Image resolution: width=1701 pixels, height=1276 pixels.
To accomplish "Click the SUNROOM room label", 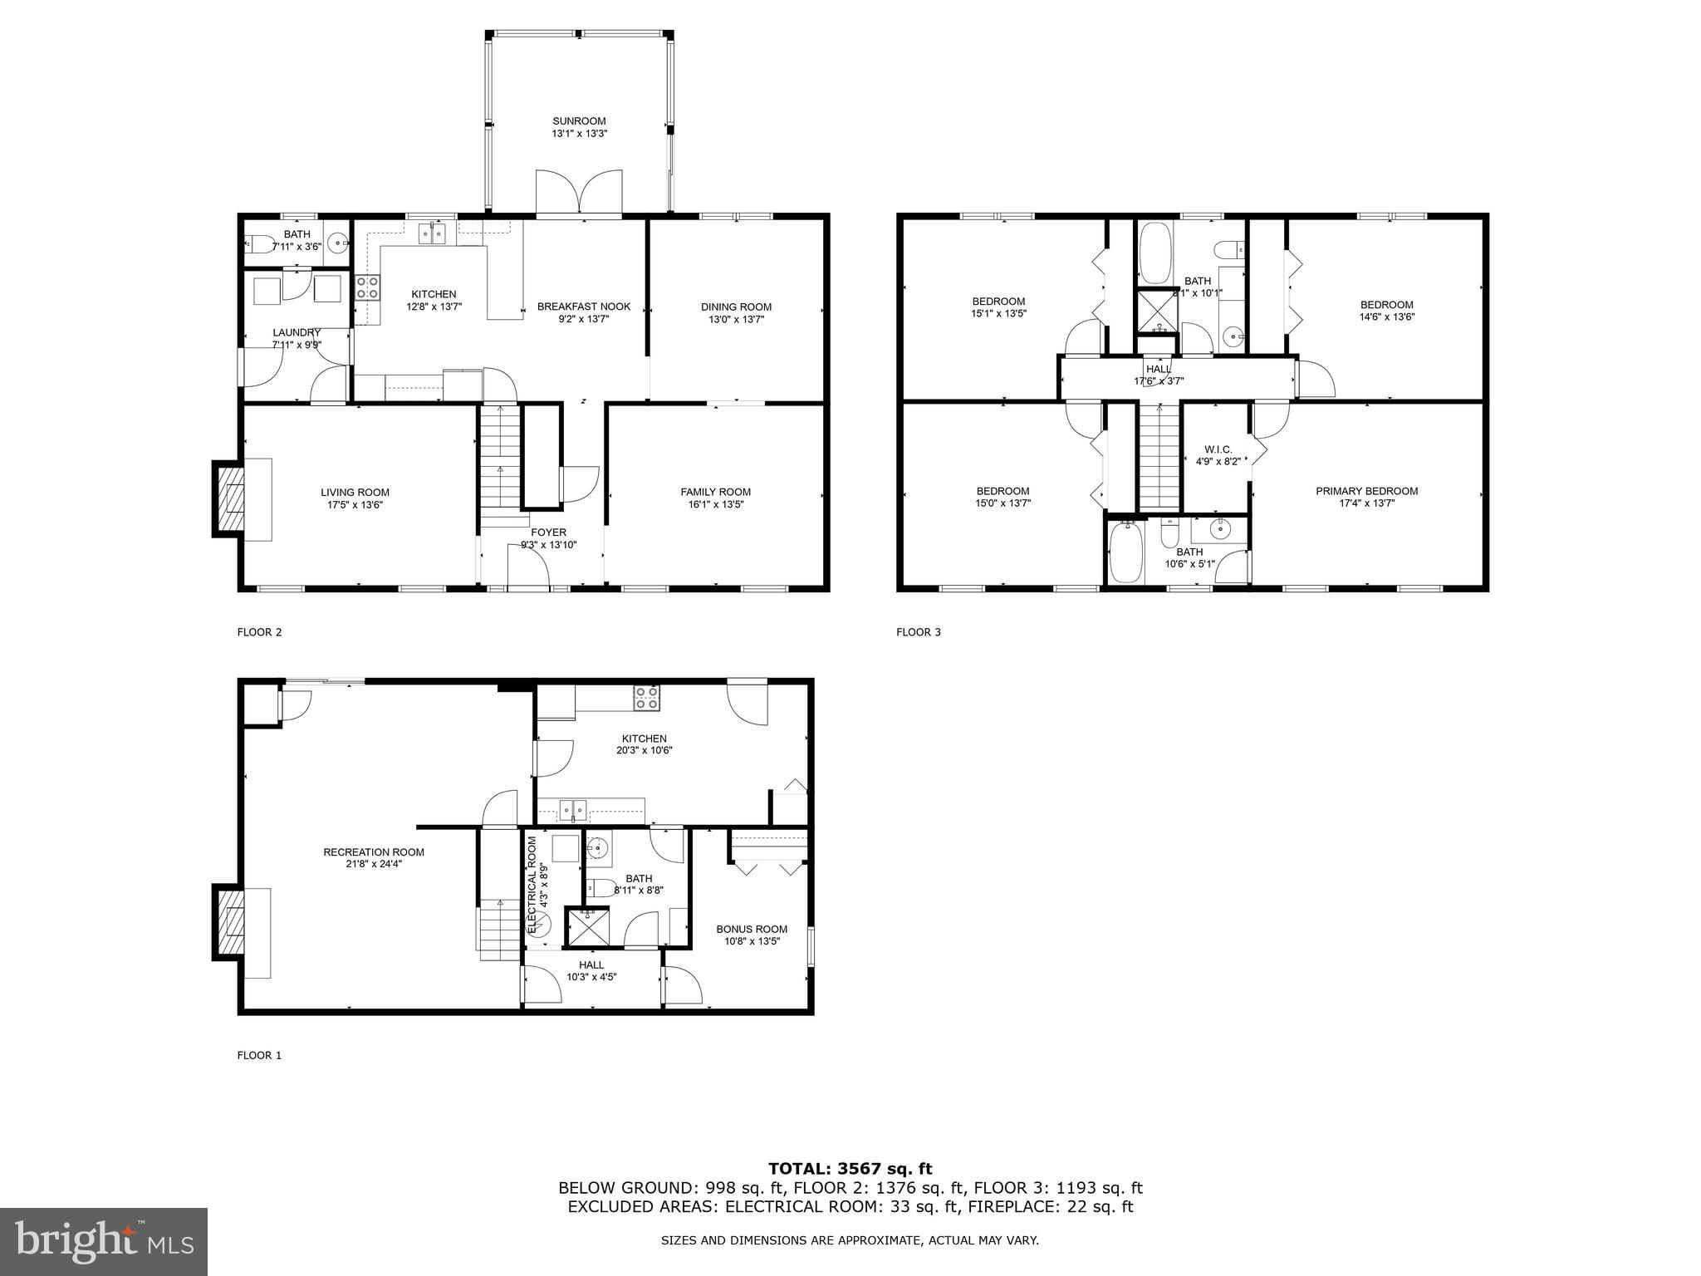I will pyautogui.click(x=579, y=121).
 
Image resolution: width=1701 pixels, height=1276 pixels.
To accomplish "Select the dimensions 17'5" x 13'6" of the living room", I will pyautogui.click(x=355, y=505).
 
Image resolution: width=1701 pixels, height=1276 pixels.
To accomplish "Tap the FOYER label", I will pyautogui.click(x=548, y=532).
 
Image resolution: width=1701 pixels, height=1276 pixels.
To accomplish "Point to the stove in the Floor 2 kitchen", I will pyautogui.click(x=368, y=287).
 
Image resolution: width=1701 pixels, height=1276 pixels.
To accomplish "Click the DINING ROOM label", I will pyautogui.click(x=736, y=307).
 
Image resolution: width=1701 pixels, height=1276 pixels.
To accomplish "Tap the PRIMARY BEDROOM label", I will pyautogui.click(x=1366, y=491).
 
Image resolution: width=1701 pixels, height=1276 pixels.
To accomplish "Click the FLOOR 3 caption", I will pyautogui.click(x=918, y=632).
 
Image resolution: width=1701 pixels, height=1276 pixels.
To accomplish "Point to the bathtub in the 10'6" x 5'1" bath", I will pyautogui.click(x=1126, y=551).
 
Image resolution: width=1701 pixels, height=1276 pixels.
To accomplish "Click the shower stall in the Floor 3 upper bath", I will pyautogui.click(x=1156, y=309).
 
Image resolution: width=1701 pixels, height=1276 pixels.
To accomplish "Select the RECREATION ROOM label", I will pyautogui.click(x=374, y=851).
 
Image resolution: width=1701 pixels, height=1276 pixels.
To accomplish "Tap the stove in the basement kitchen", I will pyautogui.click(x=647, y=698).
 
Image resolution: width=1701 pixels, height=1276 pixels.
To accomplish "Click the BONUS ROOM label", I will pyautogui.click(x=752, y=929).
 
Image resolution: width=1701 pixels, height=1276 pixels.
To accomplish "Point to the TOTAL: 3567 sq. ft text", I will pyautogui.click(x=850, y=1169).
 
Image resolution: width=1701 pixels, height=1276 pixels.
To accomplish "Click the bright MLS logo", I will pyautogui.click(x=104, y=1241).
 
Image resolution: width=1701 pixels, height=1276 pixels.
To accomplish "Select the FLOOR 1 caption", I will pyautogui.click(x=259, y=1056).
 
